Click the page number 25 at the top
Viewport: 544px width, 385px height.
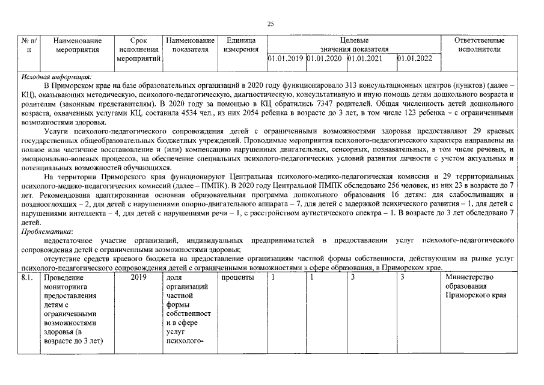[270, 23]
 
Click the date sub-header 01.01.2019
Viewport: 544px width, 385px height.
[286, 59]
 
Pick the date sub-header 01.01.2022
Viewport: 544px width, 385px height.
[415, 59]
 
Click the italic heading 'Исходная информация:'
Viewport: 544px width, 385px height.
[56, 77]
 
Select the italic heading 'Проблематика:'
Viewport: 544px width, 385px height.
[47, 232]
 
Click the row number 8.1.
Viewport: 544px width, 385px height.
[27, 277]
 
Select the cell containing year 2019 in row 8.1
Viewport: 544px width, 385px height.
[138, 277]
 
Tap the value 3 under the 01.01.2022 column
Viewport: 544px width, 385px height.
[402, 277]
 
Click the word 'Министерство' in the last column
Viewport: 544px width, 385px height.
[469, 277]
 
